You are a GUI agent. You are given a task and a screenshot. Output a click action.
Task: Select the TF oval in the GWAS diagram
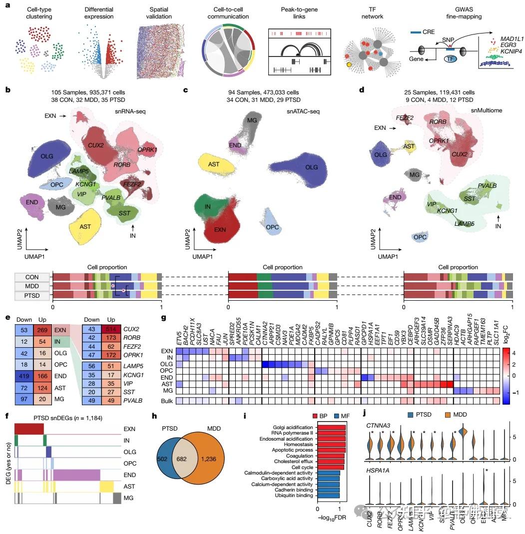pos(452,59)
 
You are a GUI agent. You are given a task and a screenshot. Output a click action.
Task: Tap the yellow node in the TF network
pos(349,64)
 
